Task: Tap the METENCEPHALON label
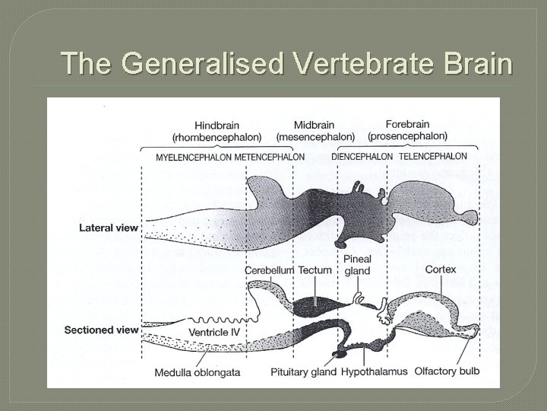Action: coord(270,158)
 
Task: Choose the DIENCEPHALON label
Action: coord(362,157)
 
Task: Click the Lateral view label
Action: coord(109,228)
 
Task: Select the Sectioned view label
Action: coord(102,330)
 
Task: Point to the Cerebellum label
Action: coord(269,270)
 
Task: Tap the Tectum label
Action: coord(315,270)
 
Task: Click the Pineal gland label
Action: coord(357,265)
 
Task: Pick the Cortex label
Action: coord(441,269)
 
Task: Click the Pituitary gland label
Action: coord(304,372)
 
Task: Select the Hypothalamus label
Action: coord(373,372)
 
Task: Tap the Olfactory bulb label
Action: coord(447,372)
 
